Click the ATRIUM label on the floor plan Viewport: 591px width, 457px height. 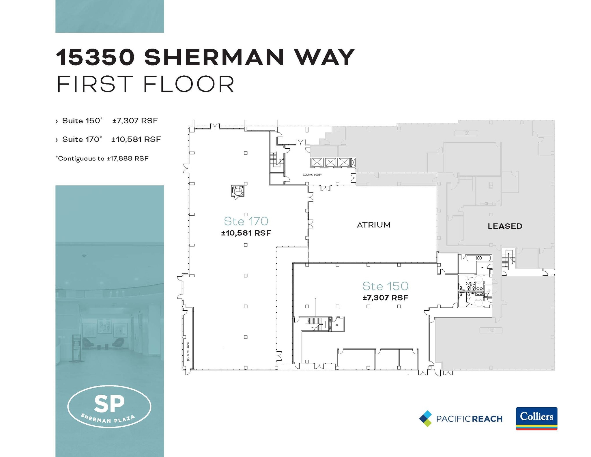point(374,225)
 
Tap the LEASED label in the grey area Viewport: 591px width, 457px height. point(505,226)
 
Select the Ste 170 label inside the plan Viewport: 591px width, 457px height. point(246,221)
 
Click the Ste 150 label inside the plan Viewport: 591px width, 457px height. point(385,286)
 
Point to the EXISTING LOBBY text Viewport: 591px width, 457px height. point(312,175)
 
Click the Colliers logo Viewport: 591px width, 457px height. point(536,418)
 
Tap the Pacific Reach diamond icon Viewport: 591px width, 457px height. point(426,419)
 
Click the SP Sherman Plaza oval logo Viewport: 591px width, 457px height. point(109,406)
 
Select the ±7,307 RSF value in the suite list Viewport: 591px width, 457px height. point(135,121)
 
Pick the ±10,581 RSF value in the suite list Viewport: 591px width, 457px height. point(136,139)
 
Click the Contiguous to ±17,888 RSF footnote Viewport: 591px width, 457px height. point(102,158)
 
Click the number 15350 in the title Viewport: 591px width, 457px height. point(95,57)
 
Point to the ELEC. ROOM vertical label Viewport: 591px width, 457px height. point(188,351)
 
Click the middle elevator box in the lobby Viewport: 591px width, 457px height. point(330,162)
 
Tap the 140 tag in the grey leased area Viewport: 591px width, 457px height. point(491,330)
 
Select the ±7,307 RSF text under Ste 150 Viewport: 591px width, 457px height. point(385,298)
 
